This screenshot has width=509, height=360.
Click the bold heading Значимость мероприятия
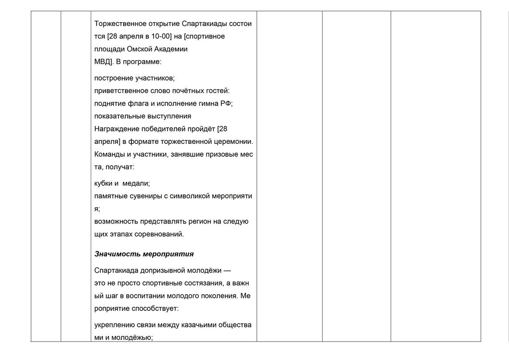pyautogui.click(x=144, y=254)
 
